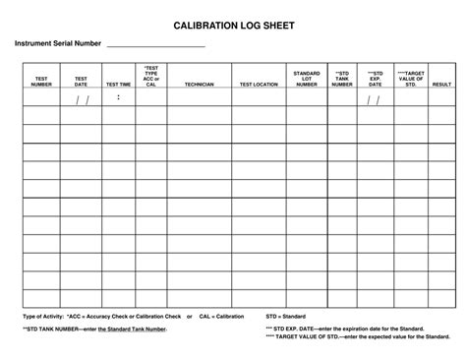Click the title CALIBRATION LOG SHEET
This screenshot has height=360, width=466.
232,24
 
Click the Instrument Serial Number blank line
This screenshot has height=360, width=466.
154,46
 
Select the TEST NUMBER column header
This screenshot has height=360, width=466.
41,81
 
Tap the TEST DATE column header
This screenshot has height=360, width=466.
81,81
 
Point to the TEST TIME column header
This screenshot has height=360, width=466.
118,85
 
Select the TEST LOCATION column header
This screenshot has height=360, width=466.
259,85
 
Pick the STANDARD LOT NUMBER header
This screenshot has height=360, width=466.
307,78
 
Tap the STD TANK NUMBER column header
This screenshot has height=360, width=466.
341,78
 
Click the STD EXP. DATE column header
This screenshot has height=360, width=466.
375,78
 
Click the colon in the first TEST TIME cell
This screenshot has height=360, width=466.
118,97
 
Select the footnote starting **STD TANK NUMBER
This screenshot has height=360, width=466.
94,329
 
